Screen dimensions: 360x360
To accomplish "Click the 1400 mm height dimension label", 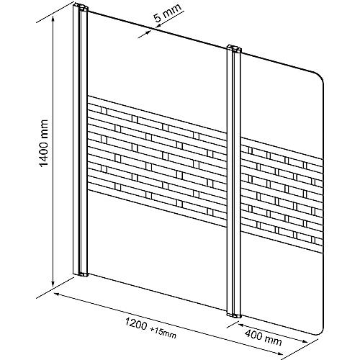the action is pos(44,143).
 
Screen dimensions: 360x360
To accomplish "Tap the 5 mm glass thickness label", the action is pos(168,13).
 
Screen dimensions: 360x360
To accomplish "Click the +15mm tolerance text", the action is pos(163,333).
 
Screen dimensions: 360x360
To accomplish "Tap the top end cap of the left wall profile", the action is pos(81,7).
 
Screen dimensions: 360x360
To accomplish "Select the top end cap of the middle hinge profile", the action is pos(234,49).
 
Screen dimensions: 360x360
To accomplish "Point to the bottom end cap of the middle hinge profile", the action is pos(234,315).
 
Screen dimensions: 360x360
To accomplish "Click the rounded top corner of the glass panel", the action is pos(321,77).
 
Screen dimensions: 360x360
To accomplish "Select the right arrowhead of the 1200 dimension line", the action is pos(279,353).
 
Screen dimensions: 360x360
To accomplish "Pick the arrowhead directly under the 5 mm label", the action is pos(159,25).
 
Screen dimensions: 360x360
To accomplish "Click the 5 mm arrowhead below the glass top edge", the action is pos(146,33).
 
